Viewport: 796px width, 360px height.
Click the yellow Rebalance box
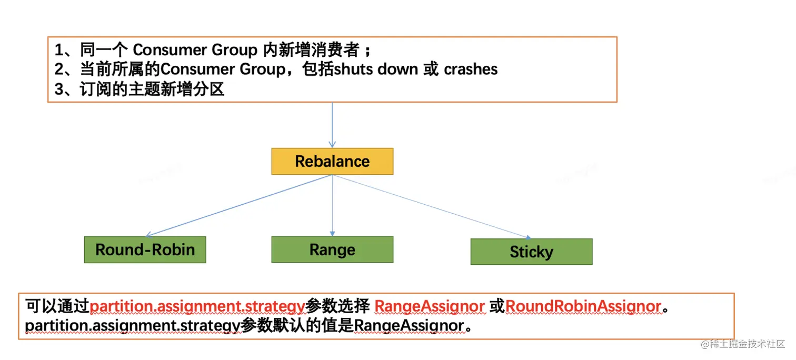click(x=332, y=162)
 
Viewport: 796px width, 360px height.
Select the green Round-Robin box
click(x=145, y=249)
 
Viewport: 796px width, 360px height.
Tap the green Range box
click(x=332, y=249)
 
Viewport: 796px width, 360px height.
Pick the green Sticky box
click(x=531, y=252)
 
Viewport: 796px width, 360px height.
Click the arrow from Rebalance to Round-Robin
click(x=239, y=205)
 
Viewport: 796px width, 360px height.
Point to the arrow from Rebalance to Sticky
click(x=432, y=206)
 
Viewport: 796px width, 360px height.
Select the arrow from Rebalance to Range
click(x=332, y=205)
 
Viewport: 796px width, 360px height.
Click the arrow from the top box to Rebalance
click(x=332, y=125)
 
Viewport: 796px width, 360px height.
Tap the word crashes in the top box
click(x=471, y=69)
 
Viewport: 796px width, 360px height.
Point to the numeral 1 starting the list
click(x=58, y=50)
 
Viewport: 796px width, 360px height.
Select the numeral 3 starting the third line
click(x=58, y=89)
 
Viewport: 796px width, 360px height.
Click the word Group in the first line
click(x=234, y=50)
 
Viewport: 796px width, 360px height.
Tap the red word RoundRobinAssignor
click(x=583, y=306)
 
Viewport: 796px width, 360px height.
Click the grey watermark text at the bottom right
click(x=743, y=344)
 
